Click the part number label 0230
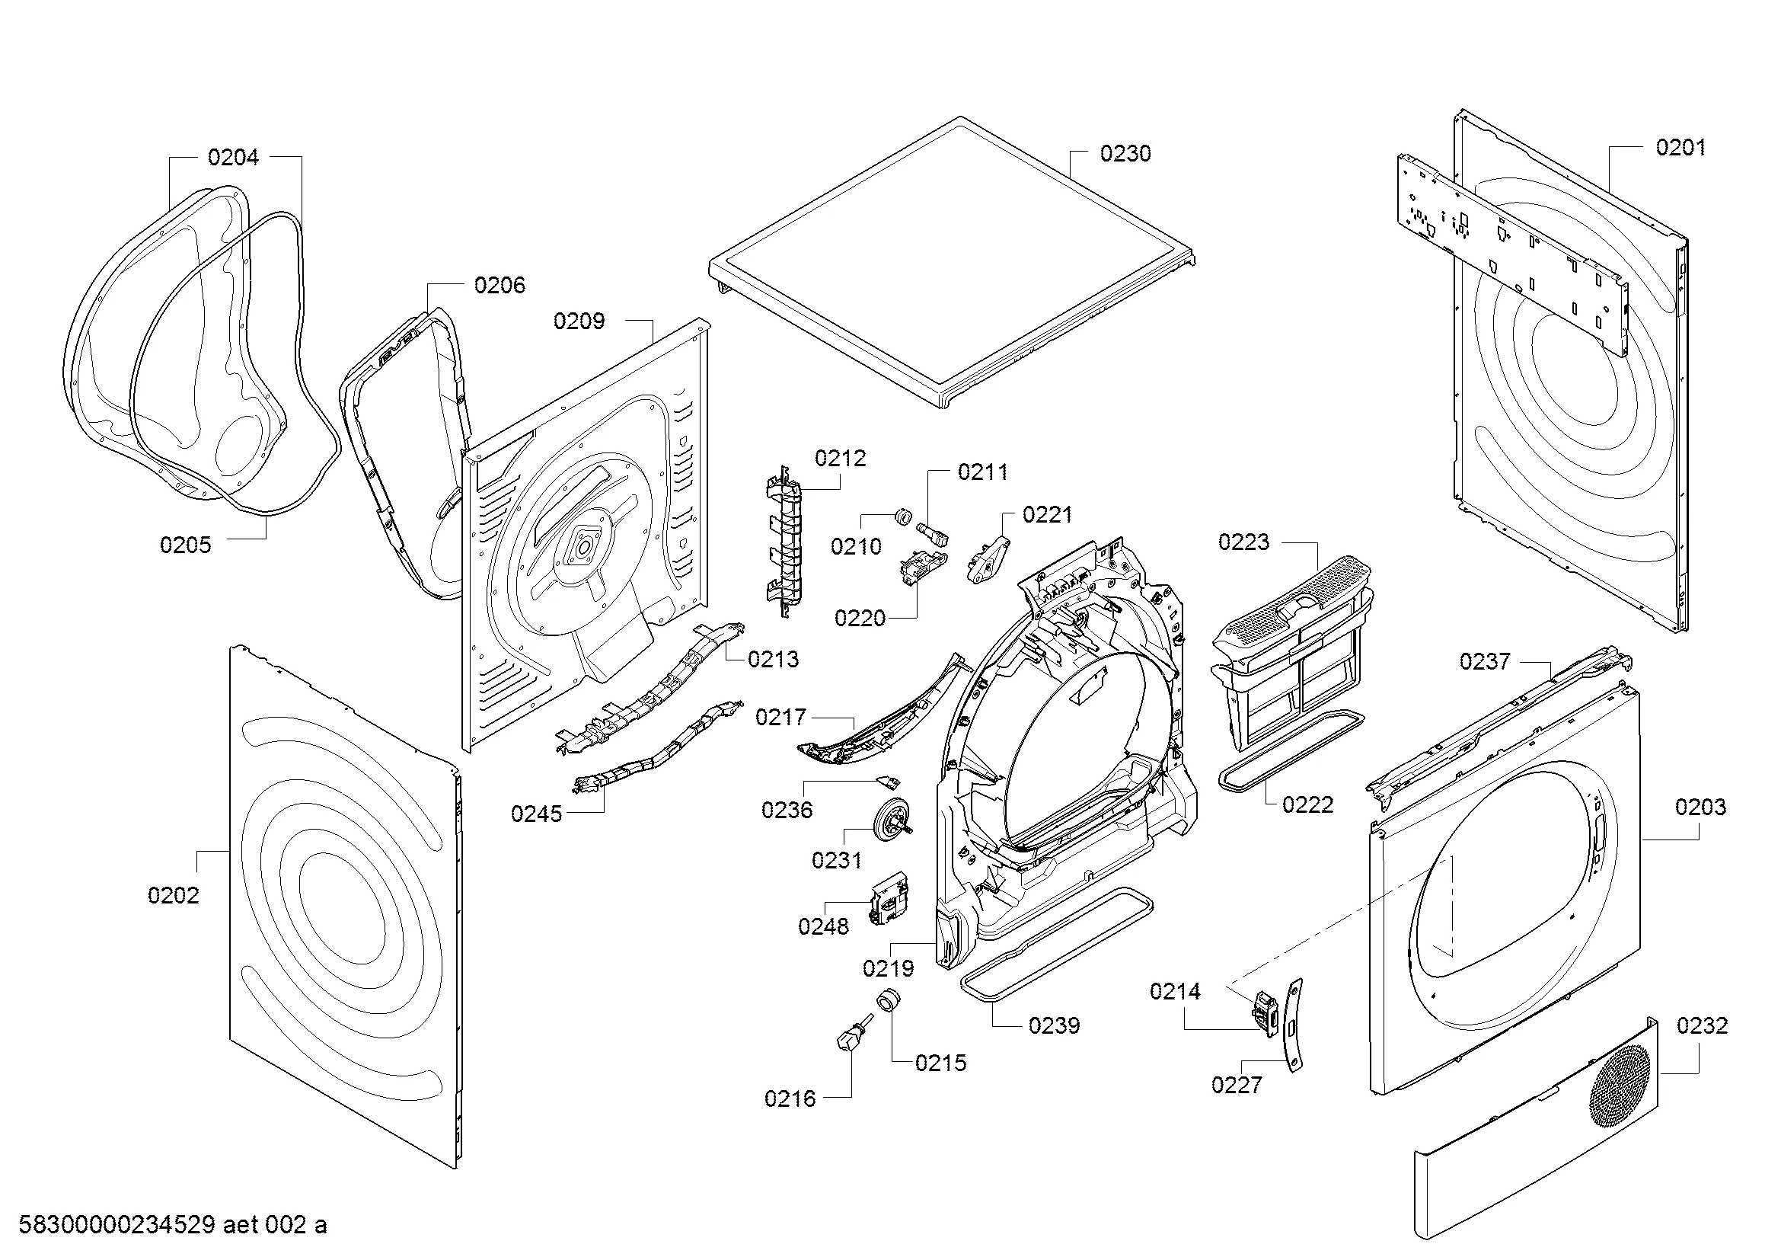[x=1125, y=154]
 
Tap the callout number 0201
[x=1680, y=148]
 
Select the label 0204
[x=233, y=158]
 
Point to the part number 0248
[x=823, y=926]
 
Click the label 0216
[x=790, y=1099]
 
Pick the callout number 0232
[x=1702, y=1025]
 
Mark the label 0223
[x=1243, y=542]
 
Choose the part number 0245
[x=536, y=814]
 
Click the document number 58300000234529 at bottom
[x=116, y=1225]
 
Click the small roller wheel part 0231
[x=892, y=820]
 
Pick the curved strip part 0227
[x=1293, y=1025]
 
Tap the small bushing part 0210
[x=902, y=516]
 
